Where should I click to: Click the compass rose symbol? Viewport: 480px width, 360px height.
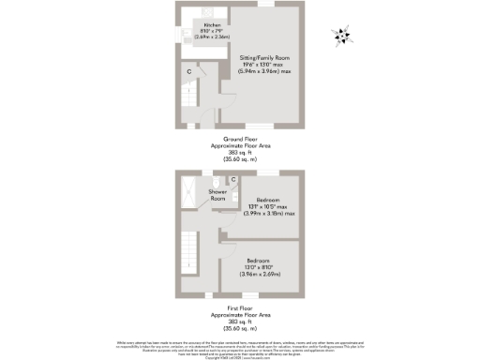pos(342,37)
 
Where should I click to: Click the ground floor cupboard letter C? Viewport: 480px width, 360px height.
pos(188,71)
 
